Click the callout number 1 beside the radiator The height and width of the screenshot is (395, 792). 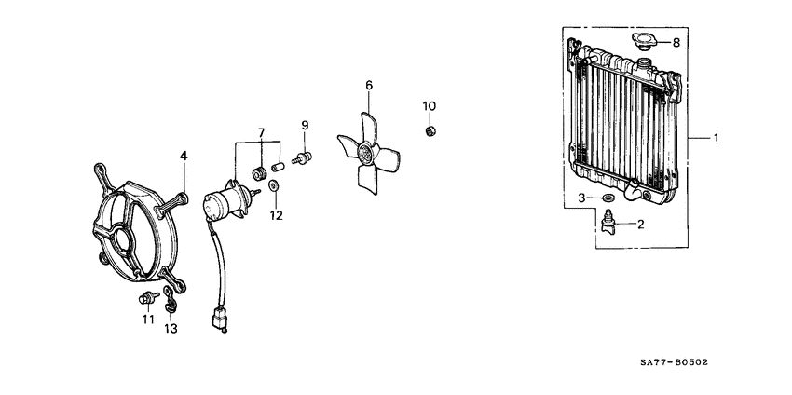click(x=716, y=137)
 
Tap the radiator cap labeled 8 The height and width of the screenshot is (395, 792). click(x=644, y=41)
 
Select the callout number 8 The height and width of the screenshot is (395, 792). click(x=676, y=43)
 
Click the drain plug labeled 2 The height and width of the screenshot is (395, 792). click(x=610, y=224)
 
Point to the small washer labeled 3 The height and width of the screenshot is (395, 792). click(x=608, y=197)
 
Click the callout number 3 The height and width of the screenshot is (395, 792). click(x=581, y=197)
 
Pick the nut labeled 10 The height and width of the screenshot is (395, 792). click(x=430, y=131)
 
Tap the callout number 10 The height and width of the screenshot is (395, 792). click(x=430, y=106)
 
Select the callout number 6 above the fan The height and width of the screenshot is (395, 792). click(x=369, y=85)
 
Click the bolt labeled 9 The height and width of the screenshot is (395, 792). click(x=303, y=157)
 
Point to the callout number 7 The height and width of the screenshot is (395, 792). click(x=261, y=133)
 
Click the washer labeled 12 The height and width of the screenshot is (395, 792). click(x=274, y=185)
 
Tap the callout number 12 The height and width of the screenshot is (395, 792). click(x=276, y=216)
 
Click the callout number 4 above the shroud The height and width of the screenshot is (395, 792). click(x=184, y=156)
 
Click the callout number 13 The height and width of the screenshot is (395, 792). click(x=171, y=330)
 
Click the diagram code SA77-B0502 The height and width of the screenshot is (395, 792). click(x=674, y=362)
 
